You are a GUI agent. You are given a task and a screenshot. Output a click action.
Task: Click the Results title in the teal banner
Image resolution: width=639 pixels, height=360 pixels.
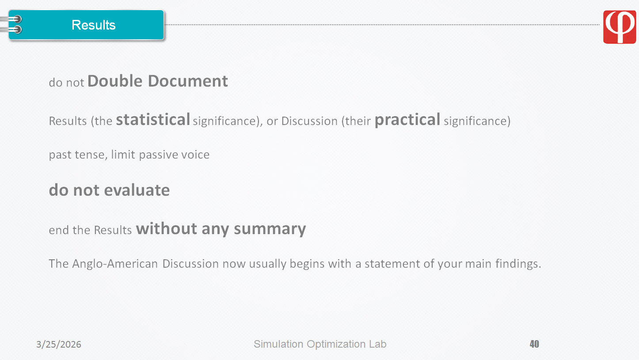[94, 25]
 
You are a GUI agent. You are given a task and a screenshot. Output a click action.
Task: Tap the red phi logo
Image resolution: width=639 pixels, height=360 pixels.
[619, 27]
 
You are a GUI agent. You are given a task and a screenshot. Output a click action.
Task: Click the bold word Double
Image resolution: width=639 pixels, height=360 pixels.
[115, 81]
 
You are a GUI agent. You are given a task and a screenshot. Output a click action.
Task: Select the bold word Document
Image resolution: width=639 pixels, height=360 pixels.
[188, 81]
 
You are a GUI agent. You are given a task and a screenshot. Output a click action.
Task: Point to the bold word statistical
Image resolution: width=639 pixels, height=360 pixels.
[153, 119]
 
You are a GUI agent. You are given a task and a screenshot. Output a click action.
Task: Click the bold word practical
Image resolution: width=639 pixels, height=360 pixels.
[407, 120]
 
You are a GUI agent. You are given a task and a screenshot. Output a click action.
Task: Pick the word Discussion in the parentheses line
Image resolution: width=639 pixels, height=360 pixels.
[309, 121]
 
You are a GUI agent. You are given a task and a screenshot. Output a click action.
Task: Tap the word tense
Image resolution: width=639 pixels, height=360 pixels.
[91, 155]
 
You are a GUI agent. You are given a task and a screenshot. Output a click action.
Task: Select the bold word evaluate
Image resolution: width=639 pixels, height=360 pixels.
[137, 190]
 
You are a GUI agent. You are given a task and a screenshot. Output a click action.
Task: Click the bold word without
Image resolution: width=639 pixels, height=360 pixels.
[167, 229]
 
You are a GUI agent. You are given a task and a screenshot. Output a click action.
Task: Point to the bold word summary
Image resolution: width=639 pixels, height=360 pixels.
[270, 229]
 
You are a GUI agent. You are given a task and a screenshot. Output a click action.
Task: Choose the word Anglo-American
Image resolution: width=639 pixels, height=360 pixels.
[115, 264]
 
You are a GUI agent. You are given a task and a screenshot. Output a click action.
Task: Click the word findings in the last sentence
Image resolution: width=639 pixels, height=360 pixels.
[518, 264]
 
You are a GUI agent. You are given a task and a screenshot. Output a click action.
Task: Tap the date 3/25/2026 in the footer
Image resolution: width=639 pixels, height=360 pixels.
[59, 345]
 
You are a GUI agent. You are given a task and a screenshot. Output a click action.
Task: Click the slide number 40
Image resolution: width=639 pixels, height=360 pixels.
[534, 344]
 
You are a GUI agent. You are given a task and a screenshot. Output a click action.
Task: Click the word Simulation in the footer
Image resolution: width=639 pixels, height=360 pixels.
[278, 344]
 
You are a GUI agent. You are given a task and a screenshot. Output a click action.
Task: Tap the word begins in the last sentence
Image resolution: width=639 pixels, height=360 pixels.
[307, 264]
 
